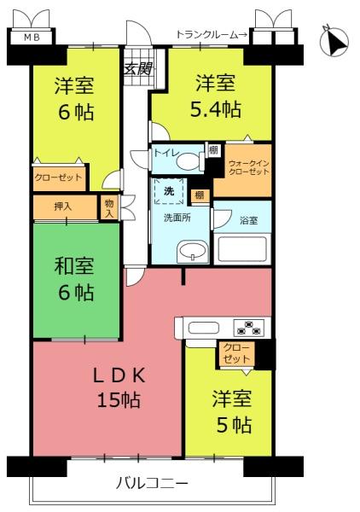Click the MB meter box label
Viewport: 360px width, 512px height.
point(32,38)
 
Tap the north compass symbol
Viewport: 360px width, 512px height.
point(334,41)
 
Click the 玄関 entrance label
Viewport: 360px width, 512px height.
point(138,69)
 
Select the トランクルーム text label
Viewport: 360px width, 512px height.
point(207,35)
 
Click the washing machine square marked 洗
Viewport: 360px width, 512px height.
point(169,191)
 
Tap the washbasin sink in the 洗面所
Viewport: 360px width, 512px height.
point(193,252)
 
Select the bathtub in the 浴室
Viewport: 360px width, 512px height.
point(242,249)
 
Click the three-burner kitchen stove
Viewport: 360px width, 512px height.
point(249,328)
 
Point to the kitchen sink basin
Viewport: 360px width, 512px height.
point(204,328)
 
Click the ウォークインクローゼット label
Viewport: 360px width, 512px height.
point(249,167)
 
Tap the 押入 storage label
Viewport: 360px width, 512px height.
point(63,207)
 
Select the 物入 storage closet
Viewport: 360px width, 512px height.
point(109,209)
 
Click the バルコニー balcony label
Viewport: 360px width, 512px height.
point(152,483)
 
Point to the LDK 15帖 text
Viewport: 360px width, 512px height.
point(119,388)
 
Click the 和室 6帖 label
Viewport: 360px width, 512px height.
point(75,278)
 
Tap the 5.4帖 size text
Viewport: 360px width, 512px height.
point(216,109)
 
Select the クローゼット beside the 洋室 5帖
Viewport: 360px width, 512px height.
point(237,353)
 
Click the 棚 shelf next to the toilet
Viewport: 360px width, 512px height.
point(213,150)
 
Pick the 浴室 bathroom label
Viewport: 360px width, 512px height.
point(249,220)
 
